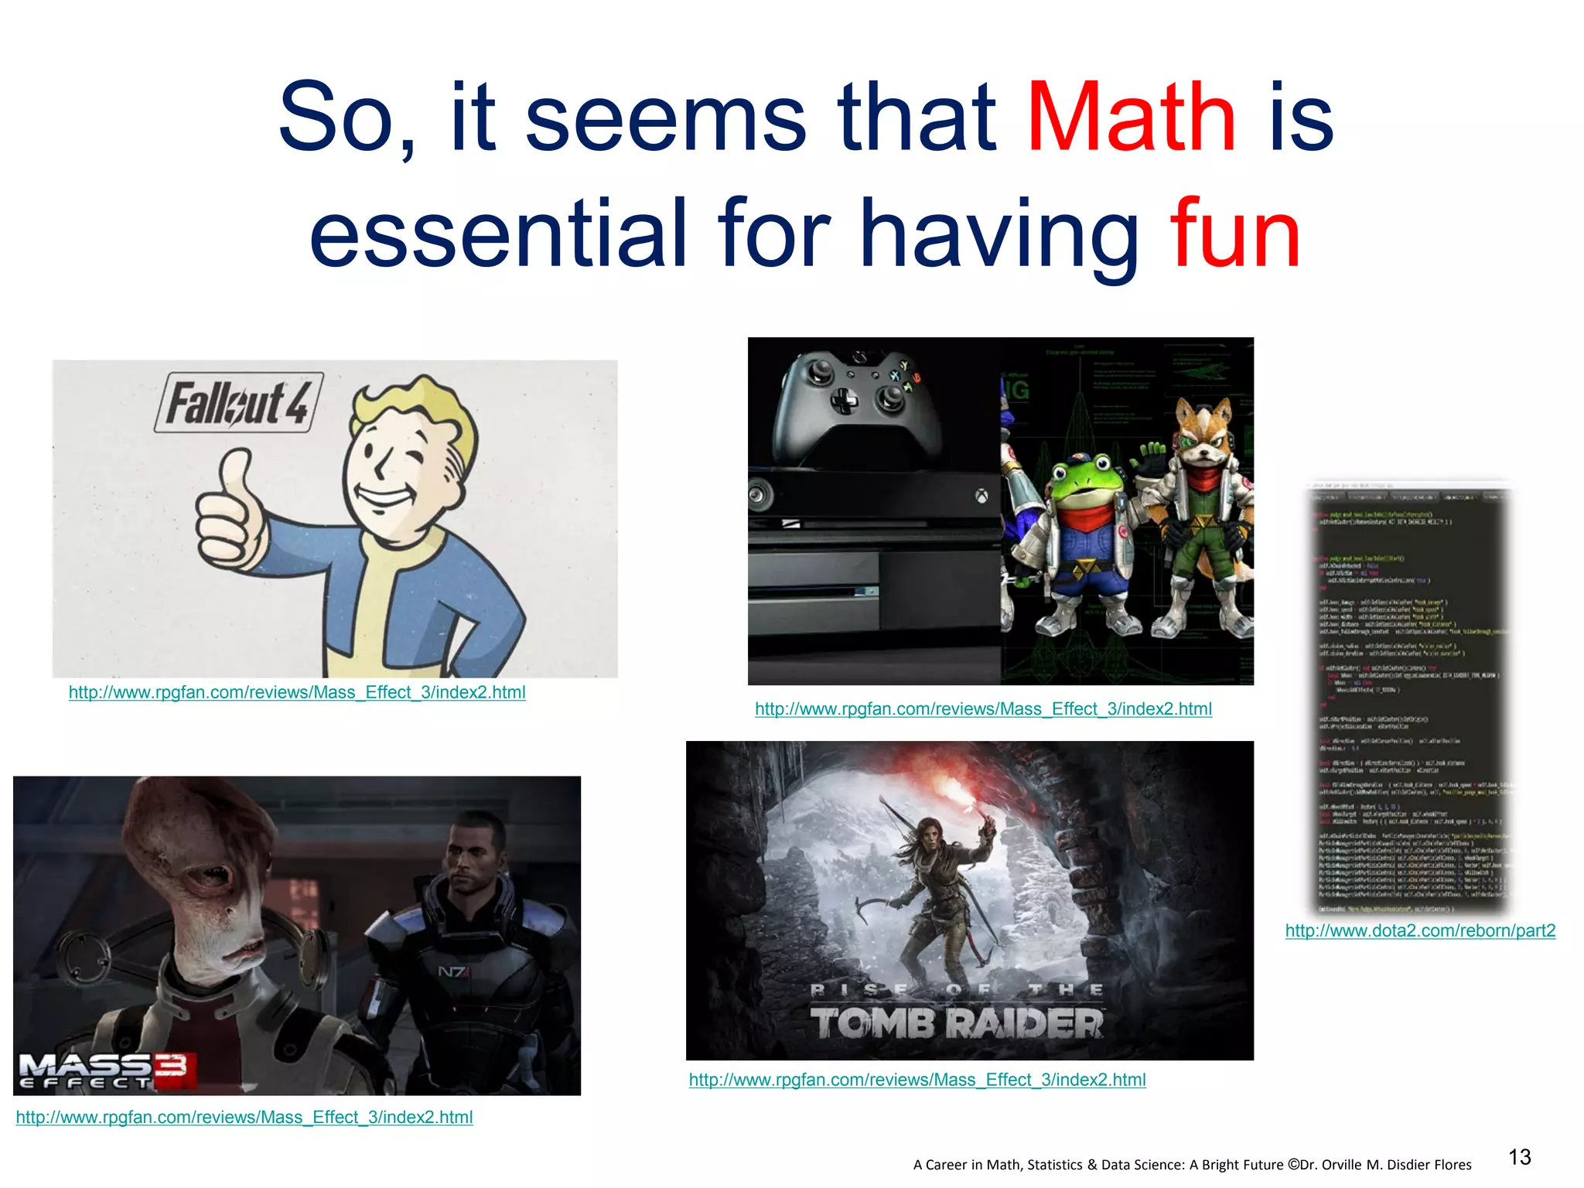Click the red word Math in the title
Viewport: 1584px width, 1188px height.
(1131, 118)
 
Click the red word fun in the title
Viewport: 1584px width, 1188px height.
(1234, 234)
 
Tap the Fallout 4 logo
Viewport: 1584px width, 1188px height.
(238, 402)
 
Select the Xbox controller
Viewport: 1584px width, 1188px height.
(859, 402)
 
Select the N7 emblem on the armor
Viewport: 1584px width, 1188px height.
(452, 971)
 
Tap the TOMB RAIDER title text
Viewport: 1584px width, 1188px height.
(958, 1022)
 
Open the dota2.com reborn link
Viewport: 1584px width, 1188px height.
(1420, 930)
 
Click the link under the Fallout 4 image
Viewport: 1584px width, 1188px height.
(297, 692)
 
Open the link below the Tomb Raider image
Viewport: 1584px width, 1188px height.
(917, 1080)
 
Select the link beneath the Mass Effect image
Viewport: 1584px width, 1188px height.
(244, 1117)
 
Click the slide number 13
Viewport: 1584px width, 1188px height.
(1519, 1157)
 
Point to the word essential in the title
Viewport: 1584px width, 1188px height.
(498, 234)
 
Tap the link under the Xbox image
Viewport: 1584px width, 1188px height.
(983, 708)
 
